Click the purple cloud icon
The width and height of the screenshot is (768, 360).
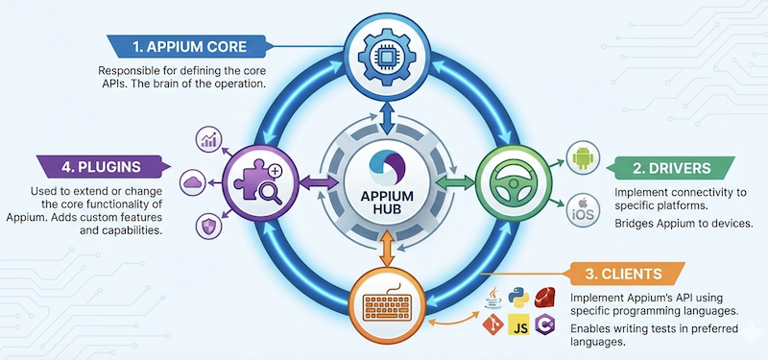click(x=192, y=180)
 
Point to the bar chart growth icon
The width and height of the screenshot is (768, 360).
click(x=209, y=140)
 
